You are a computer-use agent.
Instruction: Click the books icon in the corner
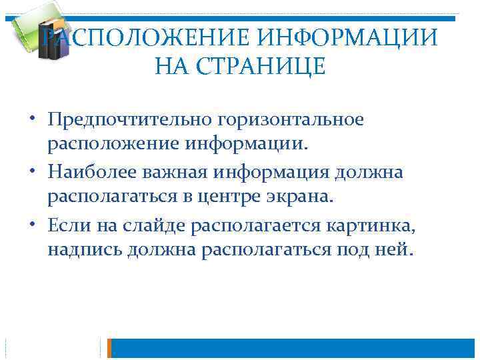coord(37,30)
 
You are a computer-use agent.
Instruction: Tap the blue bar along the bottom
coord(293,348)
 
